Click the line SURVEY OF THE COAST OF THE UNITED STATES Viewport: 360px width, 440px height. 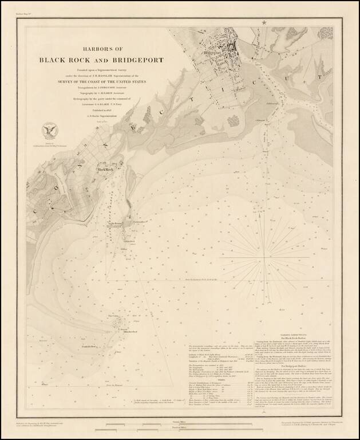point(101,82)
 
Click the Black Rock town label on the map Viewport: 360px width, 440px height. point(105,170)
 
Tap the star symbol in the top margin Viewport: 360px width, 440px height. point(264,22)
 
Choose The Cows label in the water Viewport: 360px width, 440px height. point(113,315)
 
